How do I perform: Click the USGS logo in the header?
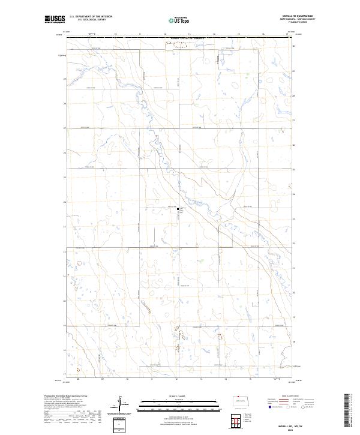(56, 20)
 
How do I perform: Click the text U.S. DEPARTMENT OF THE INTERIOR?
(91, 17)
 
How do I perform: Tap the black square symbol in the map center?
(178, 209)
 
